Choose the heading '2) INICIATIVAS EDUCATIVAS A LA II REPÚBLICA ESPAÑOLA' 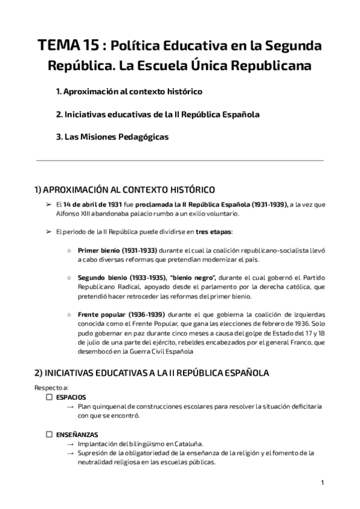point(152,373)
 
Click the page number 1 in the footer point(322,483)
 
